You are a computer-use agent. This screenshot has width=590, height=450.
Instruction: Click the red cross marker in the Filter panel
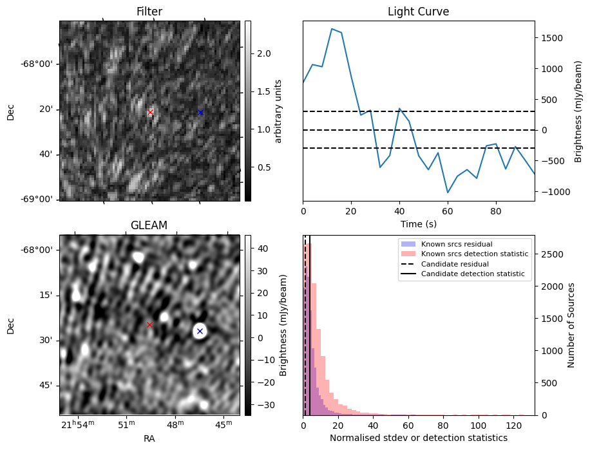[150, 113]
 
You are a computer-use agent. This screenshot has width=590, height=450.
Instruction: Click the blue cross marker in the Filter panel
[200, 113]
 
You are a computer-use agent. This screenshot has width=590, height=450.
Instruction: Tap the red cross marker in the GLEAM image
[149, 325]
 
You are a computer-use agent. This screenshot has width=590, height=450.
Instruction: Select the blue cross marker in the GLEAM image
[200, 331]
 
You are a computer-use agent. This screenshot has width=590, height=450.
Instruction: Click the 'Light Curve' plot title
[418, 12]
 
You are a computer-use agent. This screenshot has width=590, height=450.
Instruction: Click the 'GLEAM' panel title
[149, 225]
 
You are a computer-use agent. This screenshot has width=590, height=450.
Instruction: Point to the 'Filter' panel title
[149, 12]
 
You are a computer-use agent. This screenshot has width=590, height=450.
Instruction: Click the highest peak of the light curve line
[332, 29]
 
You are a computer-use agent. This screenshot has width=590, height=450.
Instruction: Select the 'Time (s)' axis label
[418, 223]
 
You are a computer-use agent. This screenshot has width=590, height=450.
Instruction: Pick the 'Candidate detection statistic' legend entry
[472, 274]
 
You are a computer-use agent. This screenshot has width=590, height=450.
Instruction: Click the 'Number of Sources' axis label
[571, 325]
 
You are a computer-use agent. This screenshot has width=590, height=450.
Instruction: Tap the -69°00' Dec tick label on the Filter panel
[37, 200]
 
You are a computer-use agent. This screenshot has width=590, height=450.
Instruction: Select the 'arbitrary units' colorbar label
[278, 111]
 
